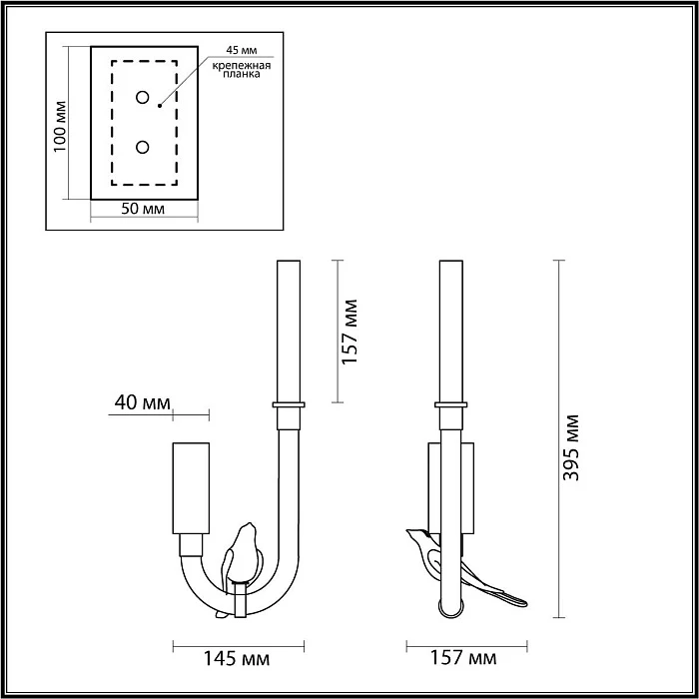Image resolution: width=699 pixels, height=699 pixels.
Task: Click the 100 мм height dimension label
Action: [x=60, y=125]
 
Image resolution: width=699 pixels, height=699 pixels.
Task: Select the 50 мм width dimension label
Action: [x=142, y=210]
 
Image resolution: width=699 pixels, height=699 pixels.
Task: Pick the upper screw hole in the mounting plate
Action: [x=143, y=98]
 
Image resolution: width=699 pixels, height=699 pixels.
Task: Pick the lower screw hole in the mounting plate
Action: [x=143, y=148]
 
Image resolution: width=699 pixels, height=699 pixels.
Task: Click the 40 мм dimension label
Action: [x=140, y=402]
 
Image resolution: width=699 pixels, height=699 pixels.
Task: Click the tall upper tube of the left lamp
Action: [x=288, y=330]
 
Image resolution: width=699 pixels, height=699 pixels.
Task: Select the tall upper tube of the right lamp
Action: [x=450, y=330]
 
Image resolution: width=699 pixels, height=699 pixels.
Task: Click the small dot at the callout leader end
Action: [x=159, y=104]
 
